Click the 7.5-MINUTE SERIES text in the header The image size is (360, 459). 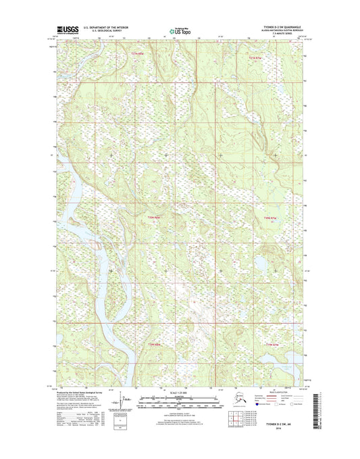tap(277, 36)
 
